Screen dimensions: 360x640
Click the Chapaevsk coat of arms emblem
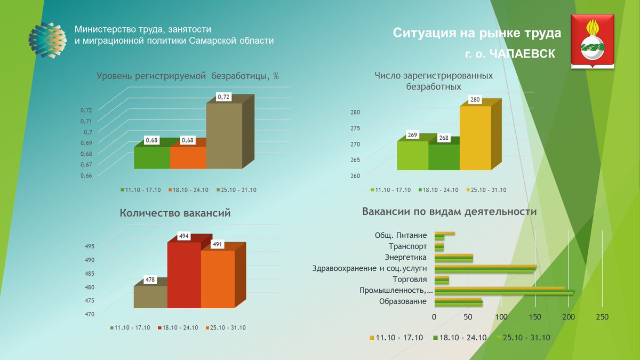click(x=593, y=42)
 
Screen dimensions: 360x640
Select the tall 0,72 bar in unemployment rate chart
click(x=224, y=136)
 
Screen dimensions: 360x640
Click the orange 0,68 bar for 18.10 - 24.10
click(x=188, y=157)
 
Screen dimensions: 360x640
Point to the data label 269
click(x=412, y=135)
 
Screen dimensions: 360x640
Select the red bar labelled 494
click(x=184, y=275)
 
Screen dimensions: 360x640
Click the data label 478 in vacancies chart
click(x=151, y=279)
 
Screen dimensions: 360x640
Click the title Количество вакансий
click(x=175, y=213)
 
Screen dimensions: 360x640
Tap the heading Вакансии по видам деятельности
click(x=449, y=212)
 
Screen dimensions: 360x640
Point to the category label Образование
click(x=403, y=301)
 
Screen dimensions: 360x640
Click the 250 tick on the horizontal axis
click(x=602, y=317)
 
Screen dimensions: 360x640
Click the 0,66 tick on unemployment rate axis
click(x=86, y=175)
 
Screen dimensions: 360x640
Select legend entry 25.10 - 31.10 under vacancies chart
click(x=227, y=327)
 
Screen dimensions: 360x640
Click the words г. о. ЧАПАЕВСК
click(x=509, y=54)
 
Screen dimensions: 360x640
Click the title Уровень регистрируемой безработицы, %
click(x=188, y=76)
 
